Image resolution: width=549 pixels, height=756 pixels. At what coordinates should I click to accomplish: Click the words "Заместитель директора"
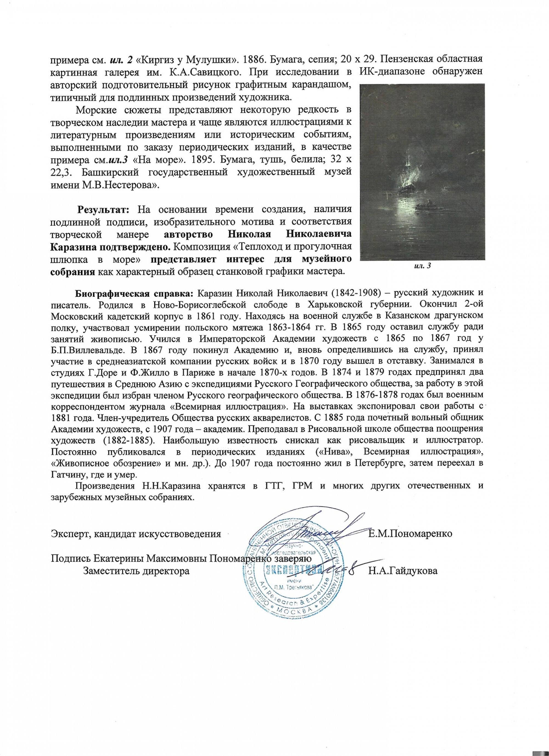(x=137, y=571)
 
